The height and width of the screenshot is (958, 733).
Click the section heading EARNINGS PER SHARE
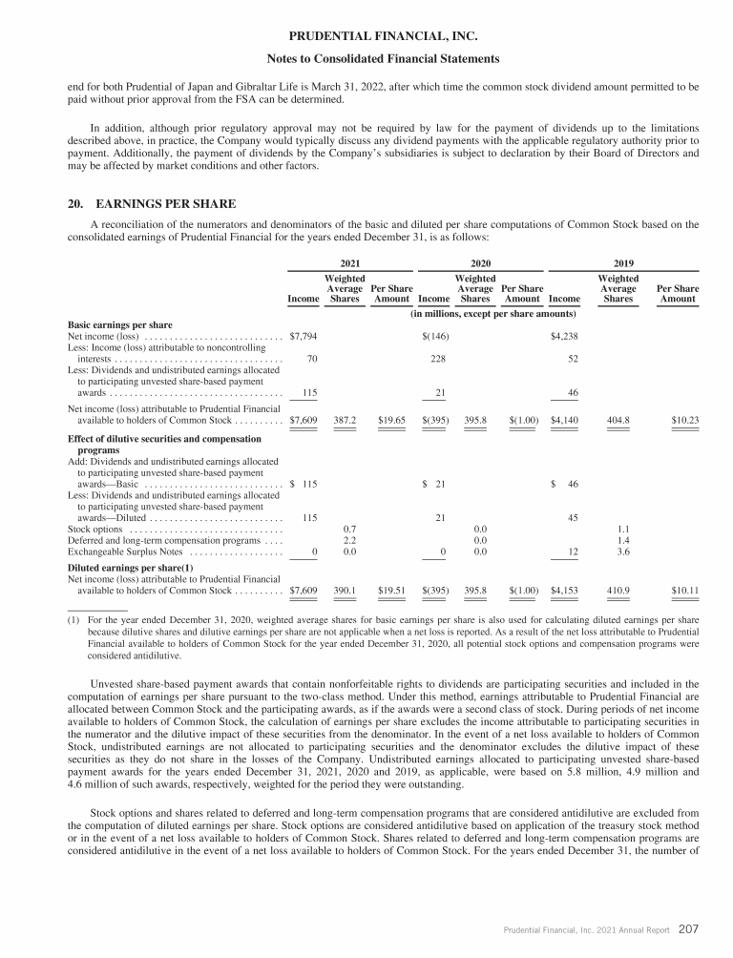pos(165,203)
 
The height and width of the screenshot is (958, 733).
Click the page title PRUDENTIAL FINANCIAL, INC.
pos(366,38)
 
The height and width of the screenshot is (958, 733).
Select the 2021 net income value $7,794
pos(304,336)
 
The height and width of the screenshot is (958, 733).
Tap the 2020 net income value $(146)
pos(435,336)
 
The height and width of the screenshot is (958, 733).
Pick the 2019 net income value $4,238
pos(564,336)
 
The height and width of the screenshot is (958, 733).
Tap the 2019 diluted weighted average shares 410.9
pos(618,591)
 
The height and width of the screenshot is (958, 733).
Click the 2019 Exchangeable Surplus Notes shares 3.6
pos(618,552)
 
